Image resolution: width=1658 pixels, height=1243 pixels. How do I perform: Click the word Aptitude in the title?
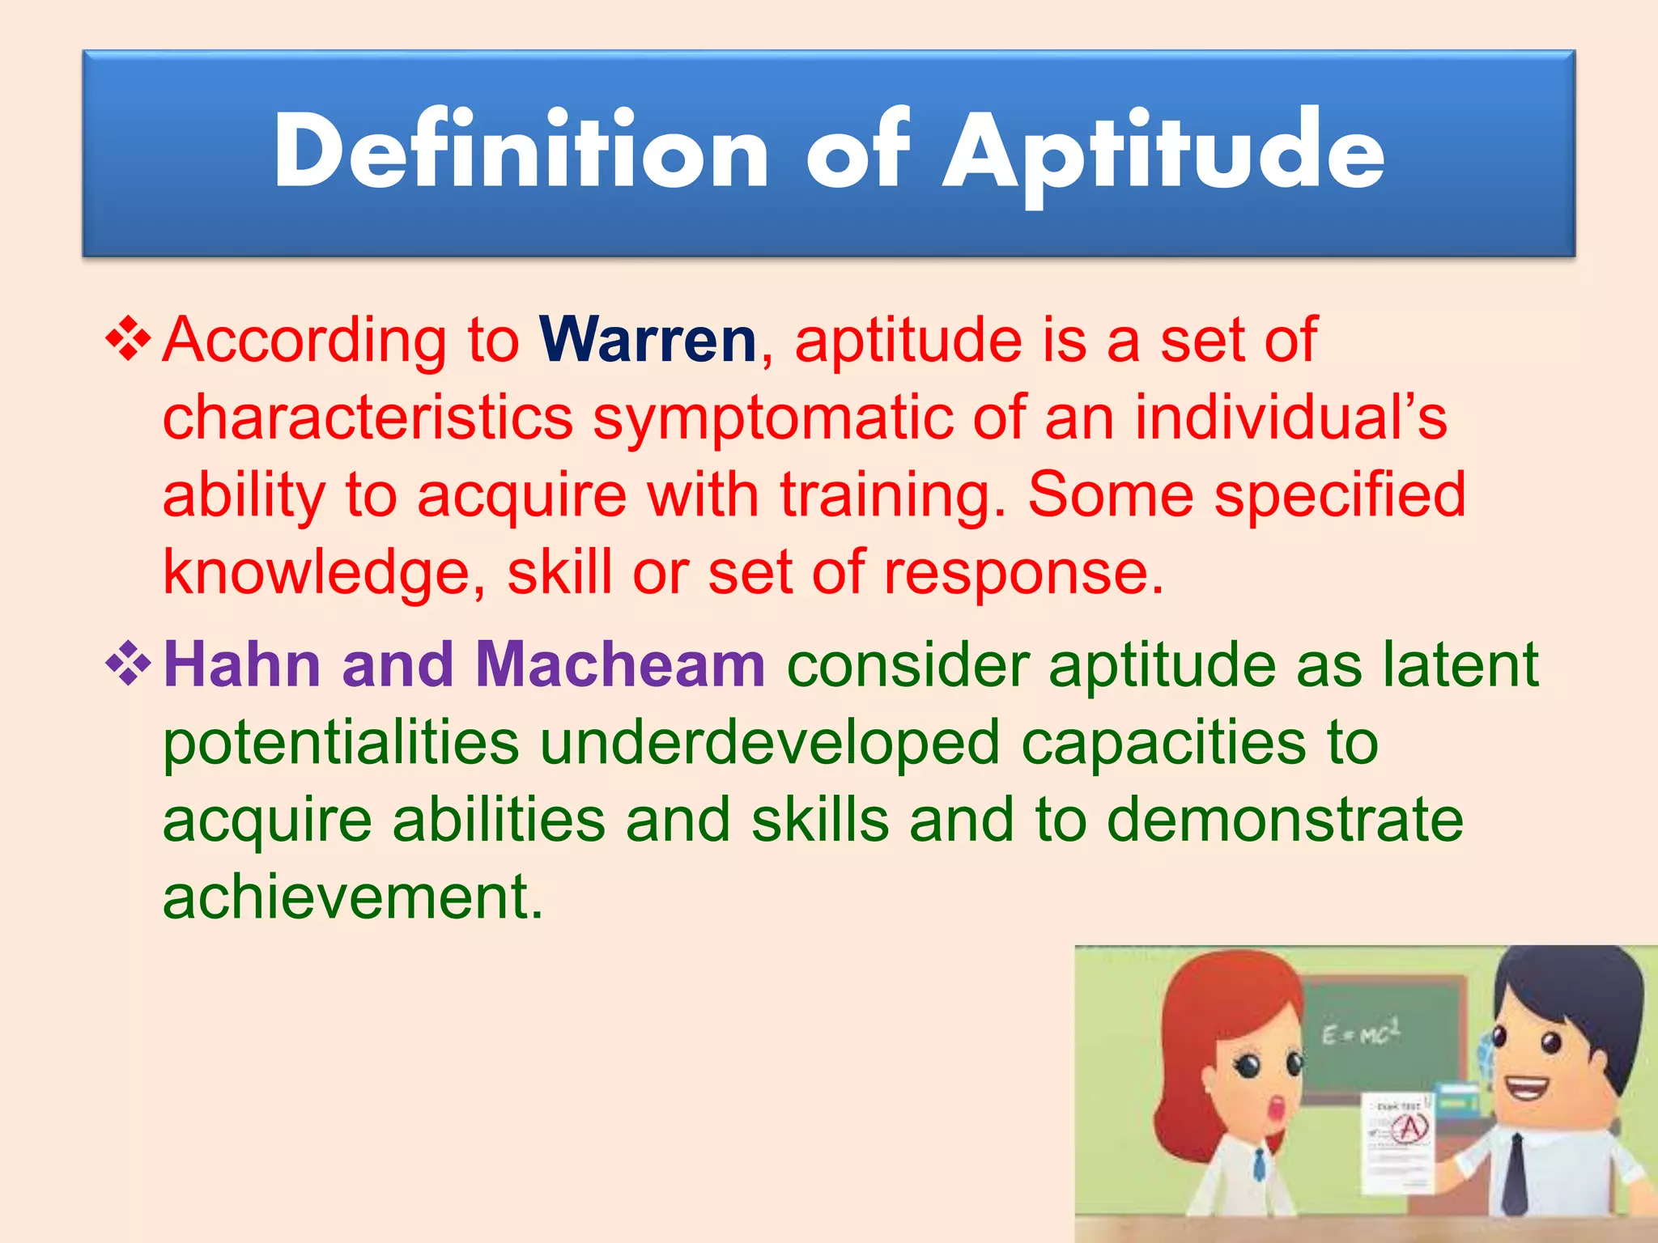pyautogui.click(x=1163, y=154)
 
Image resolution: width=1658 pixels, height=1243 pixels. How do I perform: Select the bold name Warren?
pyautogui.click(x=648, y=340)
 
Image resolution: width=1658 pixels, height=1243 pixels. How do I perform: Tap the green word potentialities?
pyautogui.click(x=341, y=743)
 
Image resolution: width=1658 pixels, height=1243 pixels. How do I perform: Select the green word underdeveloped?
pyautogui.click(x=770, y=743)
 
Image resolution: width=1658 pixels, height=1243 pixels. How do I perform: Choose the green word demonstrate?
pyautogui.click(x=1285, y=820)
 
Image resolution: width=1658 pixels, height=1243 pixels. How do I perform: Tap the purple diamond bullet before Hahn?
pyautogui.click(x=129, y=666)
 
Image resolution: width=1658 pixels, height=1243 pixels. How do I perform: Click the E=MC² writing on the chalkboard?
pyautogui.click(x=1360, y=1033)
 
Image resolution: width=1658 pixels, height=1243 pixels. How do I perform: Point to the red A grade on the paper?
pyautogui.click(x=1410, y=1127)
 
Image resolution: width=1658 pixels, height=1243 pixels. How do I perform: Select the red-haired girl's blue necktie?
pyautogui.click(x=1259, y=1166)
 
